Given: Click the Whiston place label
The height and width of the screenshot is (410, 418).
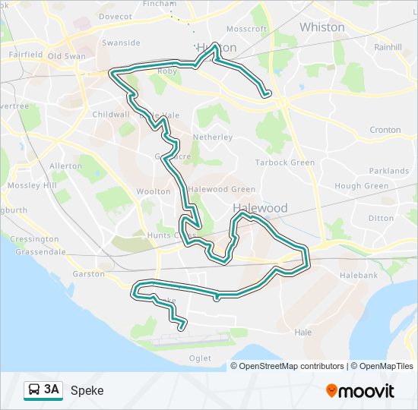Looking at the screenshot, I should tap(321, 27).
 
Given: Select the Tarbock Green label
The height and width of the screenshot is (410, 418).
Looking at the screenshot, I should tap(284, 162).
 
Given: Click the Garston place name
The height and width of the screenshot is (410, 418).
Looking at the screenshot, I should tap(89, 273).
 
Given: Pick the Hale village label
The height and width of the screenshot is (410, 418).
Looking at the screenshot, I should tap(302, 332).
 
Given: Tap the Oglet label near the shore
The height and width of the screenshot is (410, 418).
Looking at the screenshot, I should tap(200, 358).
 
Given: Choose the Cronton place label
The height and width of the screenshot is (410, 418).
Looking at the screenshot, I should tap(385, 130).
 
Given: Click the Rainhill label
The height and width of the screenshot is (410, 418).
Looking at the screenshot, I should tap(388, 46).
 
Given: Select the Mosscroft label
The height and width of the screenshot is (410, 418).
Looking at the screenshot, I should tap(246, 30).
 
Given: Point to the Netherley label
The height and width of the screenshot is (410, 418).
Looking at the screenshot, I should tap(212, 137).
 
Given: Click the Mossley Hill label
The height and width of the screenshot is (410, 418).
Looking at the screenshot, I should tap(32, 185).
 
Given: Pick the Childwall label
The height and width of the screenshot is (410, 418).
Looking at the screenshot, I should tap(110, 115).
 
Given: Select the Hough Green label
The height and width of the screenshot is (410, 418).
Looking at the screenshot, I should tap(361, 186).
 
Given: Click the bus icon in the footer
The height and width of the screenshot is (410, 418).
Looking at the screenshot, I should tap(34, 390).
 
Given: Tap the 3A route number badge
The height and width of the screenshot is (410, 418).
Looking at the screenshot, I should tap(52, 390).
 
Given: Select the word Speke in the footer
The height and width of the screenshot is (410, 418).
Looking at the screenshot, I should tap(87, 391).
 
